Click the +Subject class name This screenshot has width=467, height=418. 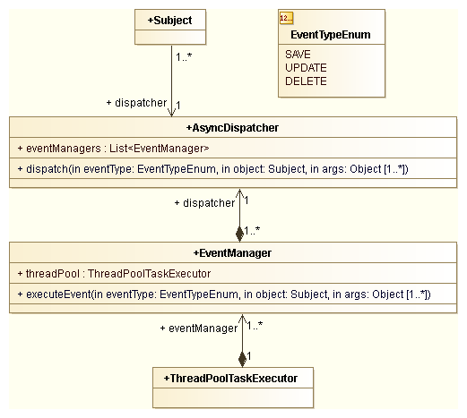coord(170,19)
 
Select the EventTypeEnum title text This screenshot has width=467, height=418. coord(331,36)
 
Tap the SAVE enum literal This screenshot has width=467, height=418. coord(298,55)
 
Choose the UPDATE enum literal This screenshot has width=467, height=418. coord(306,68)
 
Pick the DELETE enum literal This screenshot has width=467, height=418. coord(306,81)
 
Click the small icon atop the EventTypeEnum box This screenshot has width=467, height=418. coord(287,18)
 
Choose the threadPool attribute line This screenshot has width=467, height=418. coord(114,274)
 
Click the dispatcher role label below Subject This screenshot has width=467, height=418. coord(136,102)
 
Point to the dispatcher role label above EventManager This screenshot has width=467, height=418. coord(204,203)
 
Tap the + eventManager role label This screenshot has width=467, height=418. coord(196,328)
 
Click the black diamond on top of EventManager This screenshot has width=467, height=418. coord(239,234)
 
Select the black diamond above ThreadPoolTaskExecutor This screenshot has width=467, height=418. coord(240,359)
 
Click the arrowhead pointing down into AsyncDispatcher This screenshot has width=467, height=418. coord(171,112)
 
